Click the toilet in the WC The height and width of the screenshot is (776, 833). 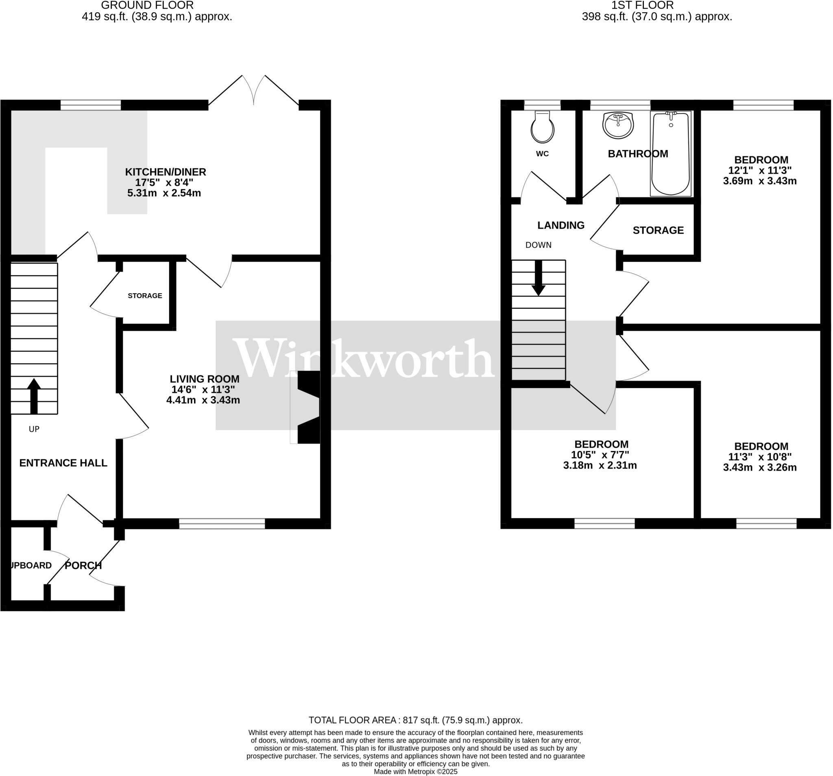[x=543, y=127]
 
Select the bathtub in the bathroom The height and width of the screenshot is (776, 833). [x=671, y=154]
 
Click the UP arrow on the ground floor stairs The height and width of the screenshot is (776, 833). [x=34, y=396]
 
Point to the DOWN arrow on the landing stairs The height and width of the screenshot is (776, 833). [x=539, y=278]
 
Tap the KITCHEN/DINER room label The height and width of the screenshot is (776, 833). [x=166, y=172]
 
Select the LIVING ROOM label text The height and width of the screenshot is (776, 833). [x=205, y=379]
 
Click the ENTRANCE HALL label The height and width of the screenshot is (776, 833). [x=63, y=462]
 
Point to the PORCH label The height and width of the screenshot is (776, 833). [x=83, y=565]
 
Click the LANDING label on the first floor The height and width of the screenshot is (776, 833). [x=560, y=225]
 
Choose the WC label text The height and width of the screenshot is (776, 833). [x=542, y=154]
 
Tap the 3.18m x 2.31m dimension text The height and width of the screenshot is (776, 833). [x=600, y=465]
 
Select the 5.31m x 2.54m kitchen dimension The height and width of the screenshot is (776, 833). [x=164, y=193]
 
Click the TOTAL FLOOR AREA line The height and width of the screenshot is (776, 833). [x=416, y=720]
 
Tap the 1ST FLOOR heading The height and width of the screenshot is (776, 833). [x=642, y=5]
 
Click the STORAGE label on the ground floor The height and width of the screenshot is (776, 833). [x=145, y=296]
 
